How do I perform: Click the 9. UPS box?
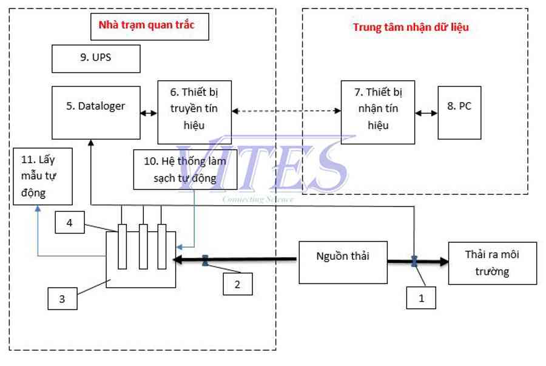[x=96, y=58]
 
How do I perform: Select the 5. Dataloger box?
[x=96, y=112]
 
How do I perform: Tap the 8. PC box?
[x=459, y=112]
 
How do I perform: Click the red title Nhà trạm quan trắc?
[x=146, y=25]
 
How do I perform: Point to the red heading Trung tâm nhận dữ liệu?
[x=411, y=27]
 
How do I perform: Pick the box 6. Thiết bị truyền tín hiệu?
[x=195, y=112]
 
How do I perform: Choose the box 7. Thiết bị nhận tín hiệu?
[x=378, y=112]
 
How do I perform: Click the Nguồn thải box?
[x=343, y=263]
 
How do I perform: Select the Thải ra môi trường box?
[x=493, y=263]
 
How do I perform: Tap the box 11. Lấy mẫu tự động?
[x=43, y=176]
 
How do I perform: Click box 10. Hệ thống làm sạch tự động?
[x=185, y=169]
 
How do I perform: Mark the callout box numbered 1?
[x=421, y=298]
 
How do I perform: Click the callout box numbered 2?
[x=238, y=284]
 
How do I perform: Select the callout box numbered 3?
[x=62, y=299]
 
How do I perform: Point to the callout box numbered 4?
[x=70, y=222]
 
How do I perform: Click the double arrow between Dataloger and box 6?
[x=149, y=113]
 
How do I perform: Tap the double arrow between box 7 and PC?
[x=426, y=113]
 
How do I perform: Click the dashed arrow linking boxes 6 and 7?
[x=286, y=110]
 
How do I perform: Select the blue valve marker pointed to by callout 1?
[x=414, y=261]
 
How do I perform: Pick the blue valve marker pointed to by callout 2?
[x=205, y=260]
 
